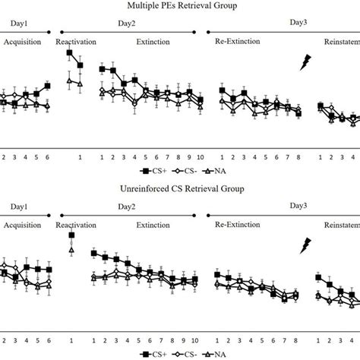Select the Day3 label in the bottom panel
tap(299, 206)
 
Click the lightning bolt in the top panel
tap(307, 62)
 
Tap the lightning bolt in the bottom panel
tap(307, 245)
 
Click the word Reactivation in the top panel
tap(76, 42)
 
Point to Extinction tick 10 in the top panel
tap(200, 157)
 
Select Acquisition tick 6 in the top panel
tap(48, 157)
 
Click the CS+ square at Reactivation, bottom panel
tap(71, 235)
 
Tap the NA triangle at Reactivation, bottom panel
tap(71, 249)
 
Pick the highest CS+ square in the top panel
tap(69, 53)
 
